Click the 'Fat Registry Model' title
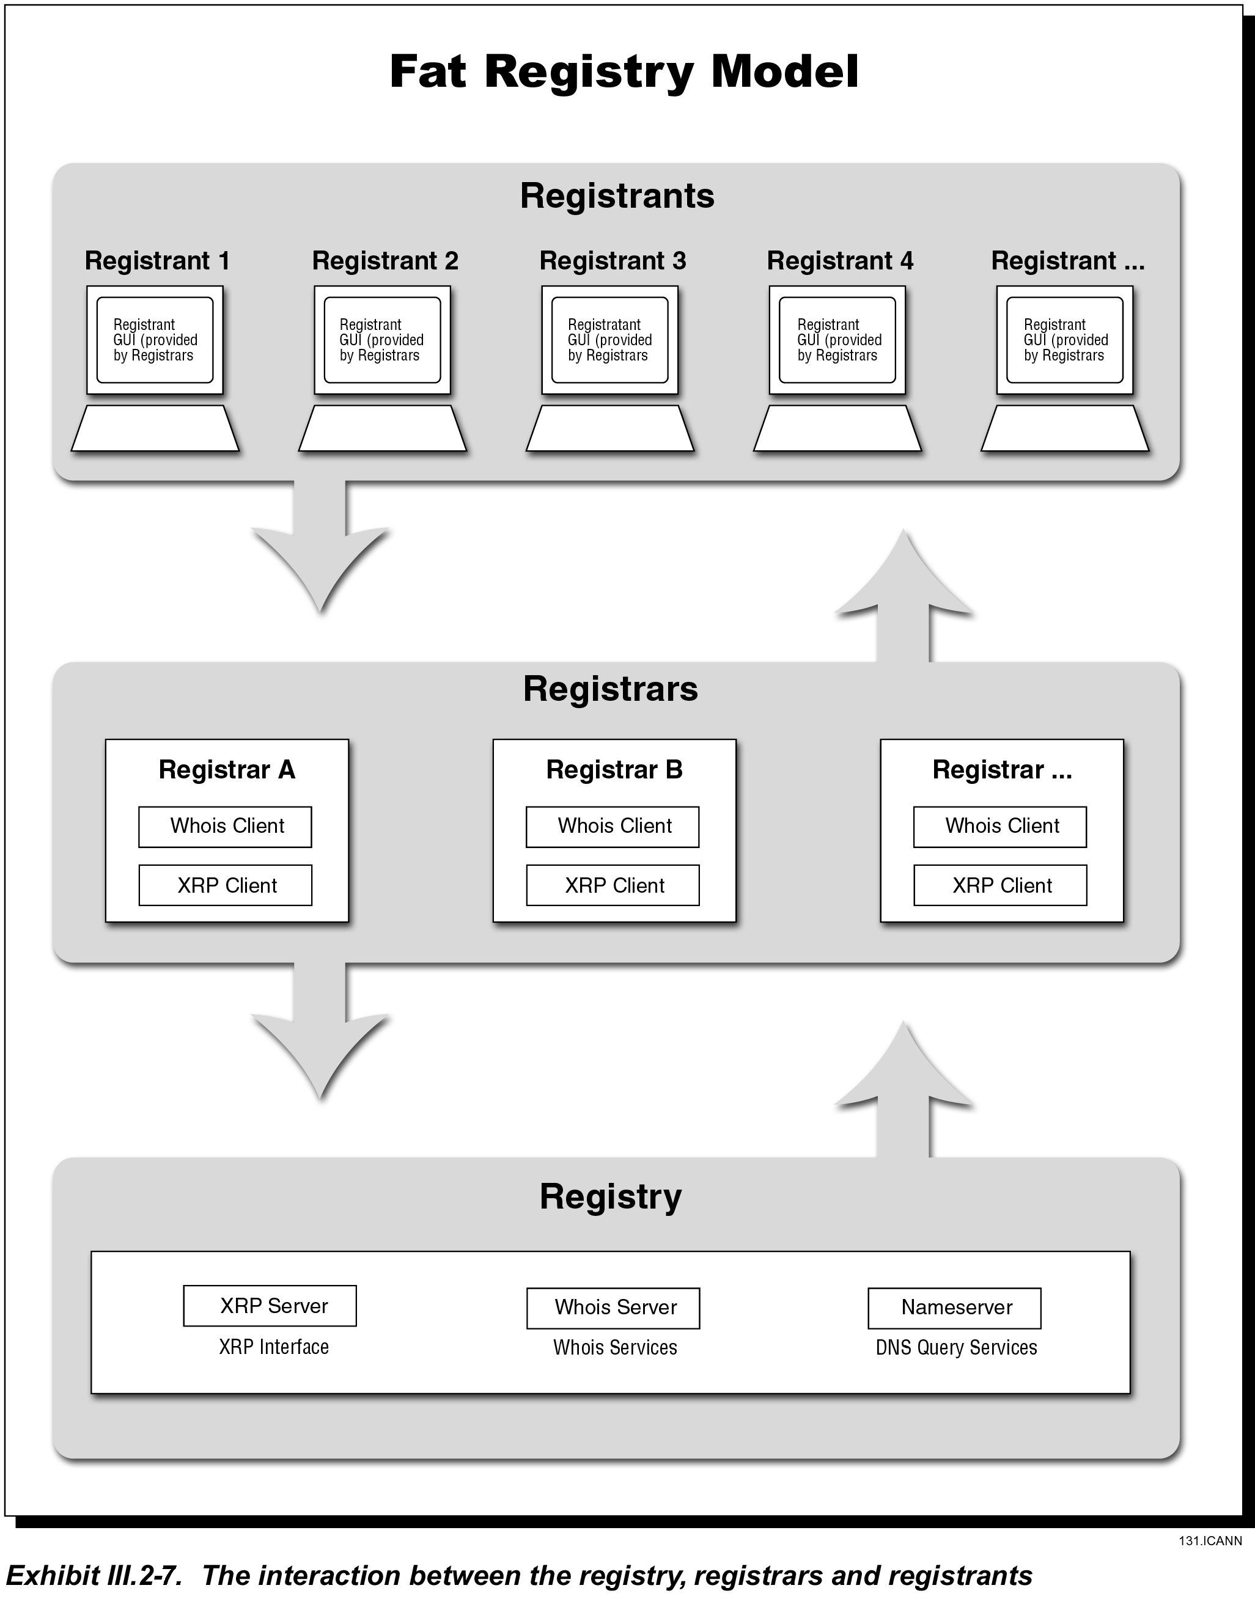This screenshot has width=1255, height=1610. [x=624, y=72]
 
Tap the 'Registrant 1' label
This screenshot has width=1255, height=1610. [x=157, y=261]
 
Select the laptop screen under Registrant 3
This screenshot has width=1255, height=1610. [x=610, y=340]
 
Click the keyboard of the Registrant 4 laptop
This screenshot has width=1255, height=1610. [x=837, y=428]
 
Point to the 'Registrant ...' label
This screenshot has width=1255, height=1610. [x=1068, y=261]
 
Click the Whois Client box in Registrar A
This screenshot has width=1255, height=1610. [x=225, y=826]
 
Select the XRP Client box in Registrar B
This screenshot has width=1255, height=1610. [x=613, y=885]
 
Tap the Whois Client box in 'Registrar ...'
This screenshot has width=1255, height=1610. [x=1000, y=826]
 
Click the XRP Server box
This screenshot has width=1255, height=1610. [x=270, y=1306]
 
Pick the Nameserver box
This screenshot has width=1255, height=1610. [x=955, y=1308]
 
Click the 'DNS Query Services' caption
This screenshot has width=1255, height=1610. [x=956, y=1347]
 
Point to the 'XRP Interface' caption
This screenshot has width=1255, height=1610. [x=274, y=1347]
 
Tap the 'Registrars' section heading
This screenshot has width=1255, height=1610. [x=611, y=689]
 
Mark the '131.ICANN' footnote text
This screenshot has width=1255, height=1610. [x=1210, y=1541]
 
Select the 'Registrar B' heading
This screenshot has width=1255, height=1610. [x=614, y=770]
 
